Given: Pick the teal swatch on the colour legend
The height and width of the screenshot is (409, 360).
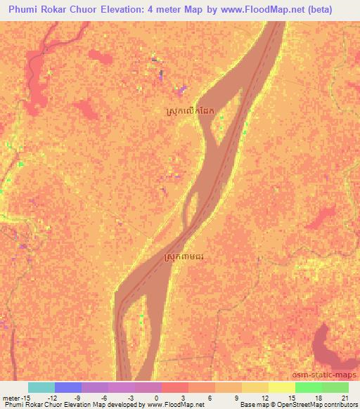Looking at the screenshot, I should (41, 387).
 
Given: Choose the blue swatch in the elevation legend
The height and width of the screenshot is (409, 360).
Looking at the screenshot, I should (68, 387).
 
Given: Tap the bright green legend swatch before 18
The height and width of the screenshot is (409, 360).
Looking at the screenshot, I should (309, 387).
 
